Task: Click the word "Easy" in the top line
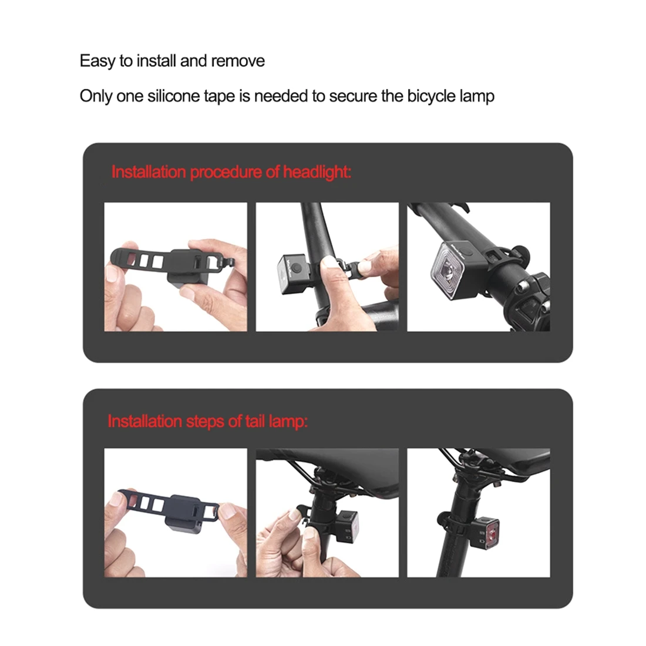[97, 61]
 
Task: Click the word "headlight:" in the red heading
[317, 172]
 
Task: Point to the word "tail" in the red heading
[255, 421]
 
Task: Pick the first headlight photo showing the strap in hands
[176, 267]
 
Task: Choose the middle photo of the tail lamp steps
[327, 513]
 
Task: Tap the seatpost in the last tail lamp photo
[453, 540]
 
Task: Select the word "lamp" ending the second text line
[477, 96]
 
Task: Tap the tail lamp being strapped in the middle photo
[346, 524]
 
